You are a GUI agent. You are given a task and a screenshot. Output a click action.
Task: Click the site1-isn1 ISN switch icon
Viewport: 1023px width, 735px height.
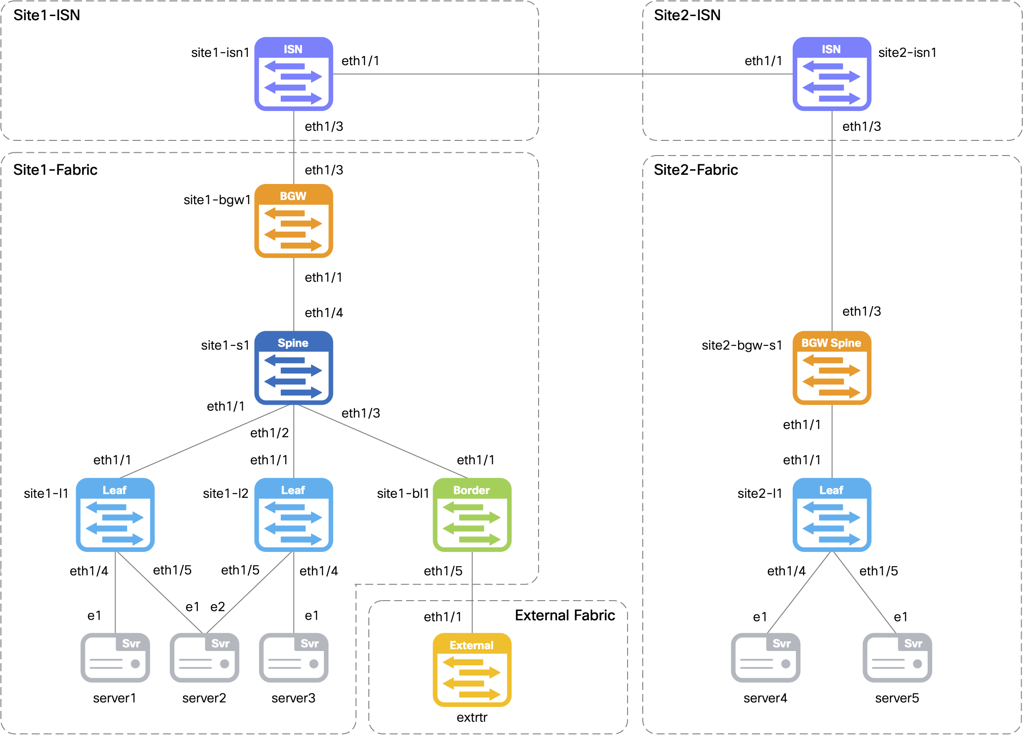pyautogui.click(x=294, y=74)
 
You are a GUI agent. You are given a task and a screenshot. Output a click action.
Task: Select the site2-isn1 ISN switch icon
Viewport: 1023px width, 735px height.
pyautogui.click(x=832, y=74)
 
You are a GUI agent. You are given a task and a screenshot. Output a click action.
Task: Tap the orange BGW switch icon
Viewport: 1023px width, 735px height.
pyautogui.click(x=294, y=221)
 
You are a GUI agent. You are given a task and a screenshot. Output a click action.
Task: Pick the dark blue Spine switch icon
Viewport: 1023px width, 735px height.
pyautogui.click(x=294, y=367)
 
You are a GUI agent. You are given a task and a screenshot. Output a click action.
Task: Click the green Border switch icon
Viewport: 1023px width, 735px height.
pyautogui.click(x=472, y=514)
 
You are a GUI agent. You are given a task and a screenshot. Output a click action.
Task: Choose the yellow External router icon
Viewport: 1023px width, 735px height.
pyautogui.click(x=472, y=669)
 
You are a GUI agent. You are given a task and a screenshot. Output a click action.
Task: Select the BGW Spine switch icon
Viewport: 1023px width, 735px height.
pyautogui.click(x=832, y=367)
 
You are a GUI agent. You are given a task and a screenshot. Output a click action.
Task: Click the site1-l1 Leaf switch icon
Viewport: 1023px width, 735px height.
pyautogui.click(x=115, y=514)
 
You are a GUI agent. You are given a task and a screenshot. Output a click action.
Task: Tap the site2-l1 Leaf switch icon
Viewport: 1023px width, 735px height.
pyautogui.click(x=832, y=514)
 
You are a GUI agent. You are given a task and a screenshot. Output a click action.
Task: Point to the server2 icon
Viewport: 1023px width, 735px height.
pyautogui.click(x=204, y=657)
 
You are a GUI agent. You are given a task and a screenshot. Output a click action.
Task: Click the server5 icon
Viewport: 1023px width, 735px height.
pyautogui.click(x=897, y=657)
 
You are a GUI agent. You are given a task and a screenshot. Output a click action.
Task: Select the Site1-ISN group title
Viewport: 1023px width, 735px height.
pyautogui.click(x=47, y=15)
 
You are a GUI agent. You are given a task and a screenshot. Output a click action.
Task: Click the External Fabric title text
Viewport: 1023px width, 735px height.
pyautogui.click(x=565, y=615)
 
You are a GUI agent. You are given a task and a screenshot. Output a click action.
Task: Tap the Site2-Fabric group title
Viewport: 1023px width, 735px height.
pyautogui.click(x=695, y=170)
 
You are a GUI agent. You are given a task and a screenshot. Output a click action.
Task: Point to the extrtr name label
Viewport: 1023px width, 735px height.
pyautogui.click(x=472, y=717)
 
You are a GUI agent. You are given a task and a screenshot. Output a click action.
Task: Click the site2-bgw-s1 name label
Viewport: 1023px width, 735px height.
pyautogui.click(x=741, y=345)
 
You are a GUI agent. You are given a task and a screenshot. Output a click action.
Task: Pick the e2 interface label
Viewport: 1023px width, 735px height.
pyautogui.click(x=217, y=607)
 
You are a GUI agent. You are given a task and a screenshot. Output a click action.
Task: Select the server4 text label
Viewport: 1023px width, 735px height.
pyautogui.click(x=765, y=698)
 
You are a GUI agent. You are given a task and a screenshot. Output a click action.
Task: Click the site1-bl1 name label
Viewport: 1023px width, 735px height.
pyautogui.click(x=403, y=493)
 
